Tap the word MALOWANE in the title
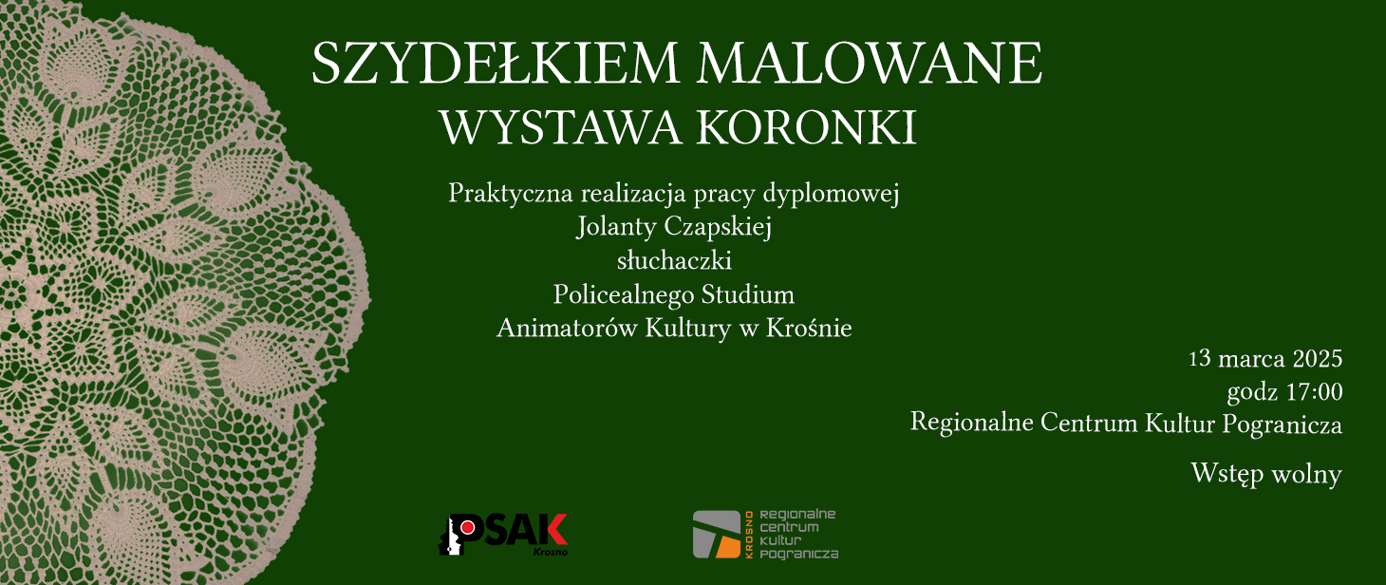pos(870,63)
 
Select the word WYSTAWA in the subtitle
pos(561,128)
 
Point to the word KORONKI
pos(807,128)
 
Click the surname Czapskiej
pos(718,227)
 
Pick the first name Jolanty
pos(616,227)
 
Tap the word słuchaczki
pos(674,260)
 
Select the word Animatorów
pos(567,328)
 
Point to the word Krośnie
pos(810,328)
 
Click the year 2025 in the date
pos(1318,359)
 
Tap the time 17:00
pos(1314,392)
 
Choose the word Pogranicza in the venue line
pos(1282,425)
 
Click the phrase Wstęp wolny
pos(1266,474)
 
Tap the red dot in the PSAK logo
pos(468,527)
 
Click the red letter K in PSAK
pos(553,530)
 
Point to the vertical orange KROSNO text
pos(749,535)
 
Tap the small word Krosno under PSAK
pos(550,552)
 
